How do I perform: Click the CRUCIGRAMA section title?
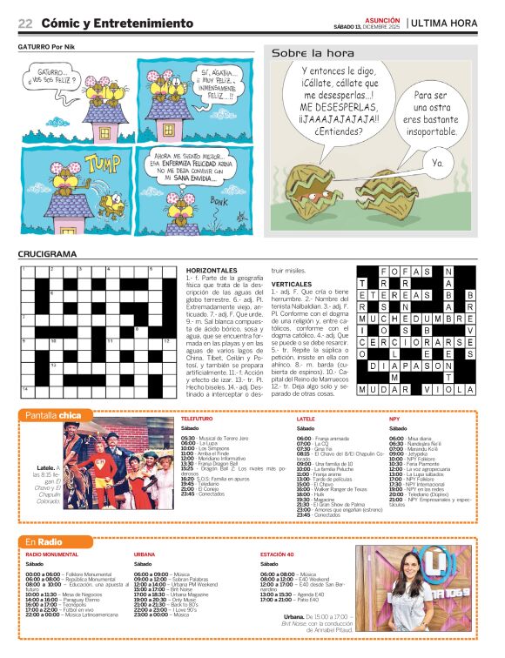coord(49,254)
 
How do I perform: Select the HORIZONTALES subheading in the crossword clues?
coord(211,271)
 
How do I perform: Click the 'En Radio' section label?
coord(44,542)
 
